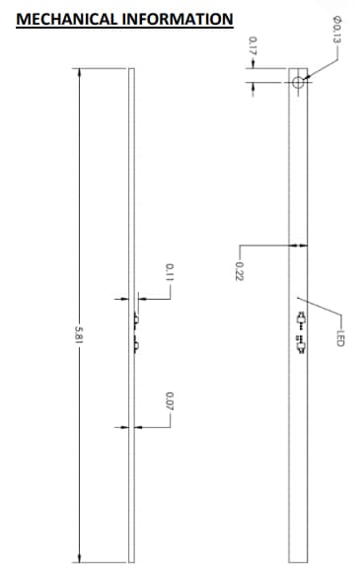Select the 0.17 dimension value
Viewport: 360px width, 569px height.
[x=252, y=44]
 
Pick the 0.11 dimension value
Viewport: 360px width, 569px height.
[x=170, y=272]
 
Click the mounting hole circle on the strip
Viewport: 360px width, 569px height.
[x=297, y=83]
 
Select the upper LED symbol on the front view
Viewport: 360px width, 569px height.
[x=299, y=319]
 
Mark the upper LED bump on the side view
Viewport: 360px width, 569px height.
[x=135, y=320]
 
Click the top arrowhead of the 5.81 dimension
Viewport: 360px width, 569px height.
[x=79, y=72]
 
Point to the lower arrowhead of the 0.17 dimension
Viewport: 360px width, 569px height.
[x=252, y=86]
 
